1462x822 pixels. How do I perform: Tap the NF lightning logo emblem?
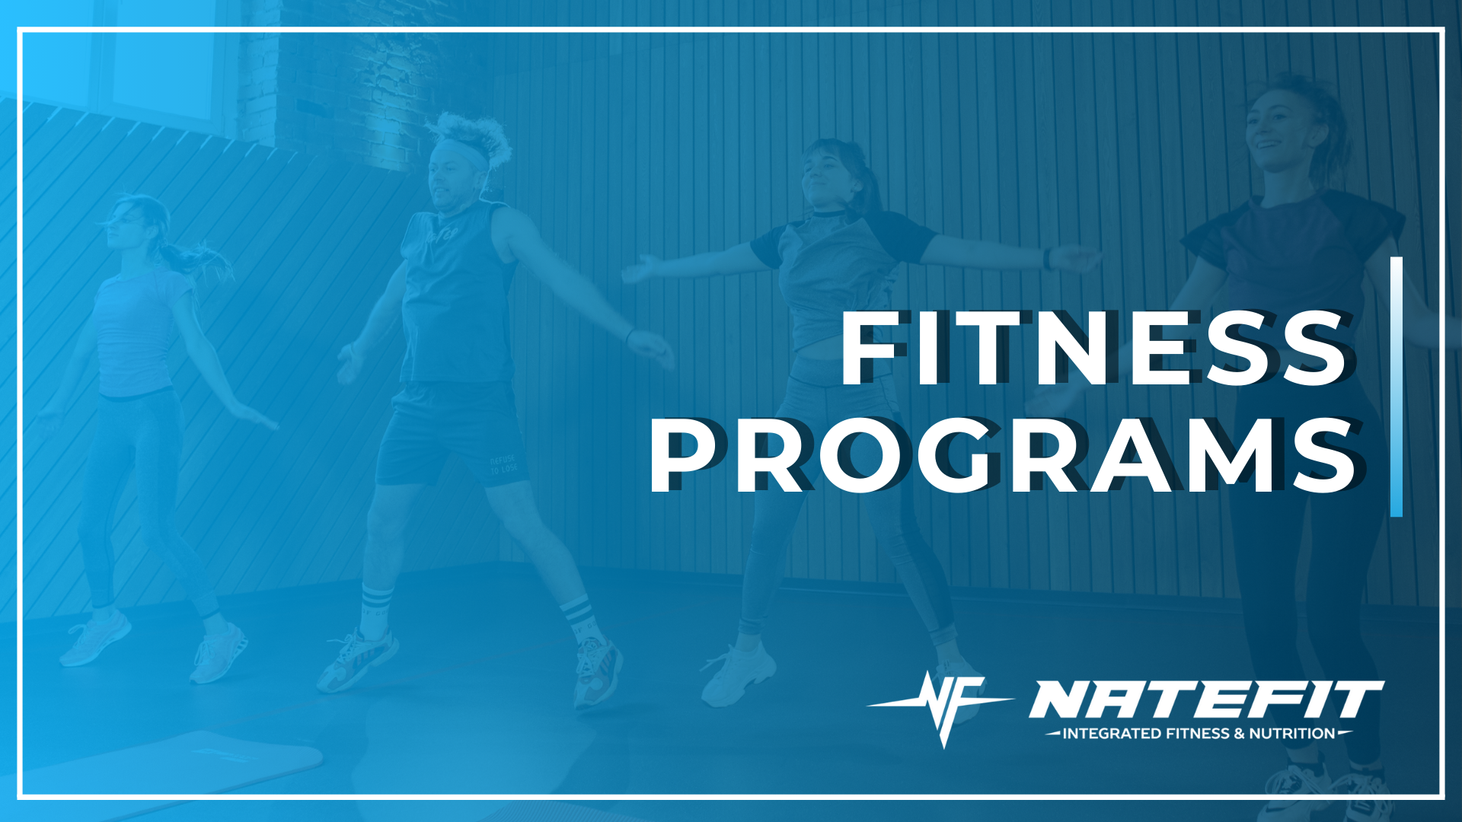coord(943,704)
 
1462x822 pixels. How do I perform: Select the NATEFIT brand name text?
coord(1206,699)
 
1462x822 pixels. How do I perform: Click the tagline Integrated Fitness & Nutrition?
coord(1199,734)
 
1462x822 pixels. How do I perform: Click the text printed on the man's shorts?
coord(503,464)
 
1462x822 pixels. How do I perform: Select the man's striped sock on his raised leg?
coord(578,613)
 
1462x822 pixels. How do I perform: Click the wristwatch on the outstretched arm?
coord(1049,259)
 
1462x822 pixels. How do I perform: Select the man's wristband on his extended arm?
coord(629,336)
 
